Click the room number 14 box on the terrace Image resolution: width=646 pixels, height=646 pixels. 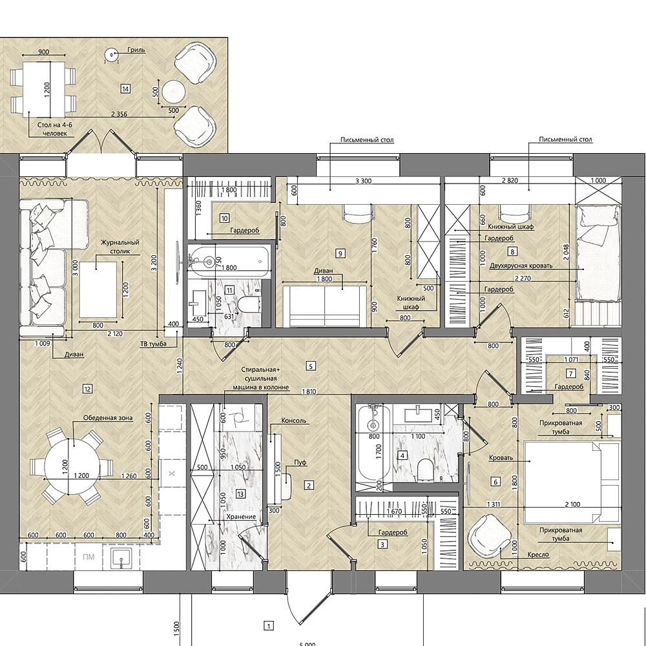(x=125, y=89)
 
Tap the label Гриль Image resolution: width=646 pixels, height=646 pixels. (x=136, y=50)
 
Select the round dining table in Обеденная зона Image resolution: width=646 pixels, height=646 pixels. (x=72, y=467)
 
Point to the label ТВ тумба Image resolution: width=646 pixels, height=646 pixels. (x=153, y=344)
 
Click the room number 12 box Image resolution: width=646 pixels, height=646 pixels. (x=87, y=388)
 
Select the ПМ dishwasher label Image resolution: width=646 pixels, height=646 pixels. (x=89, y=557)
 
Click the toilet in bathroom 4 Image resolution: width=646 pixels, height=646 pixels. (x=424, y=470)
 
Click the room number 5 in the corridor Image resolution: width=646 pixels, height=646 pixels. (x=311, y=366)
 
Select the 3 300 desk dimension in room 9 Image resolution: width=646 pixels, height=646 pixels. (x=363, y=180)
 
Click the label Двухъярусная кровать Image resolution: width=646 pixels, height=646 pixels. (x=521, y=266)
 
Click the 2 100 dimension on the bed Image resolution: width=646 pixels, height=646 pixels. (x=572, y=505)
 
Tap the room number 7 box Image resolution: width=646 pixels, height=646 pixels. (x=571, y=373)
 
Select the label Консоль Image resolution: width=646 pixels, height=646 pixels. (x=294, y=421)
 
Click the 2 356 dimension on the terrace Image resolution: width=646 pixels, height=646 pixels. (x=119, y=114)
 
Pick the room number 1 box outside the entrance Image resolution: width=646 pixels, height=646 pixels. (x=269, y=626)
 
